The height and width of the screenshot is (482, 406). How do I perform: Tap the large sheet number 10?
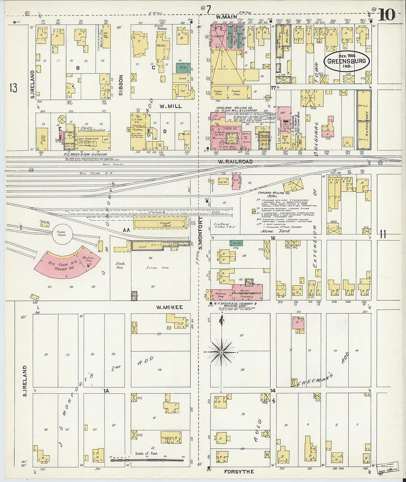click(x=386, y=15)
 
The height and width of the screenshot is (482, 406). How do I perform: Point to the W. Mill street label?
click(x=171, y=106)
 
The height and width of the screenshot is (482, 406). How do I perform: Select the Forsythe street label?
click(x=239, y=472)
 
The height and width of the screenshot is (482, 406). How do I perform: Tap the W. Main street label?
click(x=226, y=17)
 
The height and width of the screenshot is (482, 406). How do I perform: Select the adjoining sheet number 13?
click(x=14, y=88)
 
